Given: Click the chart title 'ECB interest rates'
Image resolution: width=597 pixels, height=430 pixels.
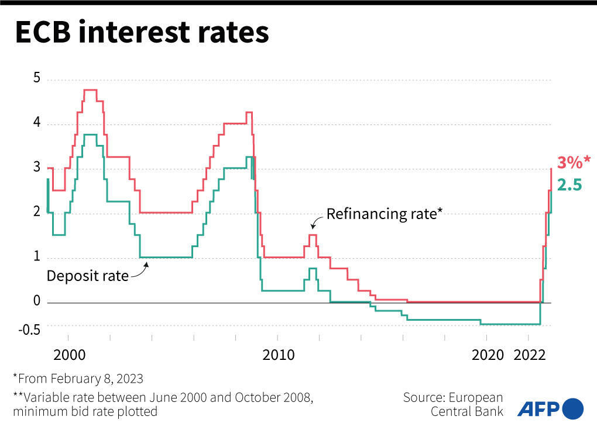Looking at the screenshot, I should coord(142,33).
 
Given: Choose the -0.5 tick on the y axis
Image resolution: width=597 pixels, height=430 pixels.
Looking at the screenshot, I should coord(29,330).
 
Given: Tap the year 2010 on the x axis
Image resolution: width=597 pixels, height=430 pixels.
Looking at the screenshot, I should coord(277,355).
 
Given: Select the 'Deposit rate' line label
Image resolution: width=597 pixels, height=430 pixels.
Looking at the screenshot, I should coord(87,276).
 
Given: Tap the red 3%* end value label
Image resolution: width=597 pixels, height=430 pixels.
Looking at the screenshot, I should coord(574,162).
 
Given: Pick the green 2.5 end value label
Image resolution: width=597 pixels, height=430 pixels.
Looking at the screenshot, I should coord(569,185).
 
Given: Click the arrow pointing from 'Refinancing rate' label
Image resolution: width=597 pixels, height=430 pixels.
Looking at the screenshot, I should coord(317,221).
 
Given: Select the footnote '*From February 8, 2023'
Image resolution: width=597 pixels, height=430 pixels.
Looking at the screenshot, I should coord(78,378).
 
